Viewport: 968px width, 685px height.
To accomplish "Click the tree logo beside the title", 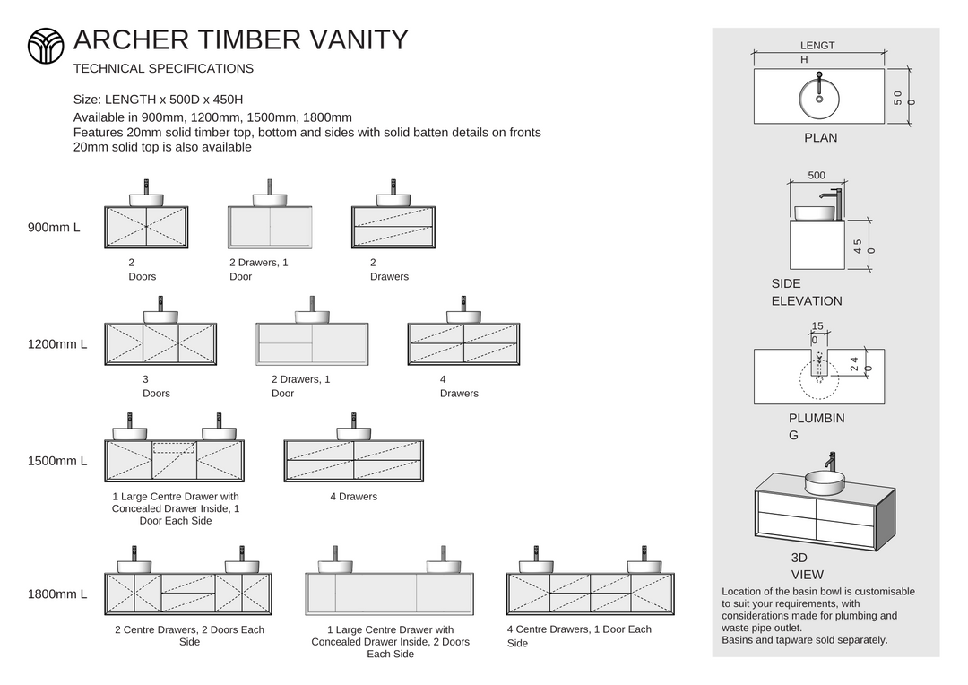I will coord(46,45).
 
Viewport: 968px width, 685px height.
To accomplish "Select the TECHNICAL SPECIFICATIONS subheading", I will coord(163,68).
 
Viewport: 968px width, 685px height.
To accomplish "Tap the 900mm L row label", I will coord(54,228).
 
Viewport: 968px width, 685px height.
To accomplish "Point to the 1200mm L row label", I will coord(57,344).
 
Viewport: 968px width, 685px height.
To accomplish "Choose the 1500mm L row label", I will coord(57,461).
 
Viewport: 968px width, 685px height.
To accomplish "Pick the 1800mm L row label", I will coord(57,594).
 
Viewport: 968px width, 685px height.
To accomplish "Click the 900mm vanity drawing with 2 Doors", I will coord(146,226).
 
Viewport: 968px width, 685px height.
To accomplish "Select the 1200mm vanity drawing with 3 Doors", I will coord(160,343).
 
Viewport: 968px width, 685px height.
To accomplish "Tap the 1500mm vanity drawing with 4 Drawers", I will coord(353,460).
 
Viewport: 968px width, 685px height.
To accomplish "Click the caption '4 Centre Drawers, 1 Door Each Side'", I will coord(579,636).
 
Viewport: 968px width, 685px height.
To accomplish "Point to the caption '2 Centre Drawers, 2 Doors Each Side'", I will coord(189,636).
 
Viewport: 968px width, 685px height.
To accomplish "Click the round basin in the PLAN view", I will coord(818,97).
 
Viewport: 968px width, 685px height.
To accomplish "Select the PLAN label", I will coord(820,138).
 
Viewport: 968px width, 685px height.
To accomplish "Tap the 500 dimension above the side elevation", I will coord(817,176).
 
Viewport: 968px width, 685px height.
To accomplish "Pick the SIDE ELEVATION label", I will coord(806,292).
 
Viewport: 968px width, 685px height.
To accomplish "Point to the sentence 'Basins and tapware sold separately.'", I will coord(804,640).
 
